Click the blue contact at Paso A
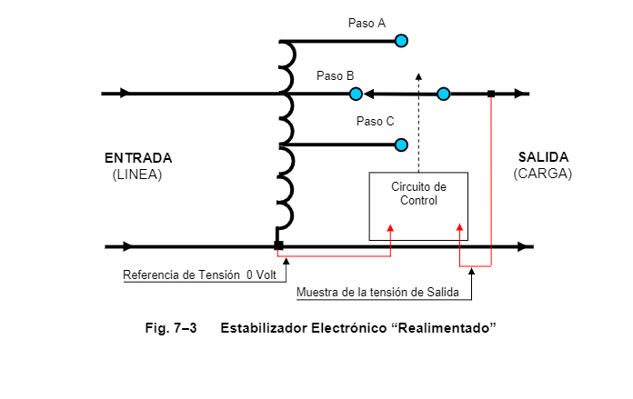point(401,41)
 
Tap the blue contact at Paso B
point(356,94)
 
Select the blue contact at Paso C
point(401,145)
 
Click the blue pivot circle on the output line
point(444,94)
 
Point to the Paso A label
point(367,24)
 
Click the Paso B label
point(335,75)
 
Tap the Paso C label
point(375,122)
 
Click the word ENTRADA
point(138,158)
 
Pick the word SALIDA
point(543,157)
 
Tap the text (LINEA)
point(137,175)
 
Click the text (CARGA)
point(543,174)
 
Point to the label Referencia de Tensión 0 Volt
point(199,275)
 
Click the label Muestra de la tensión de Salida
point(377,292)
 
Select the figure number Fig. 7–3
point(171,328)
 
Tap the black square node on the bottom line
point(278,245)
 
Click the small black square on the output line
point(491,94)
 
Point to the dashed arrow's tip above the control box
point(418,74)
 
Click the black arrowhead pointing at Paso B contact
point(368,94)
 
